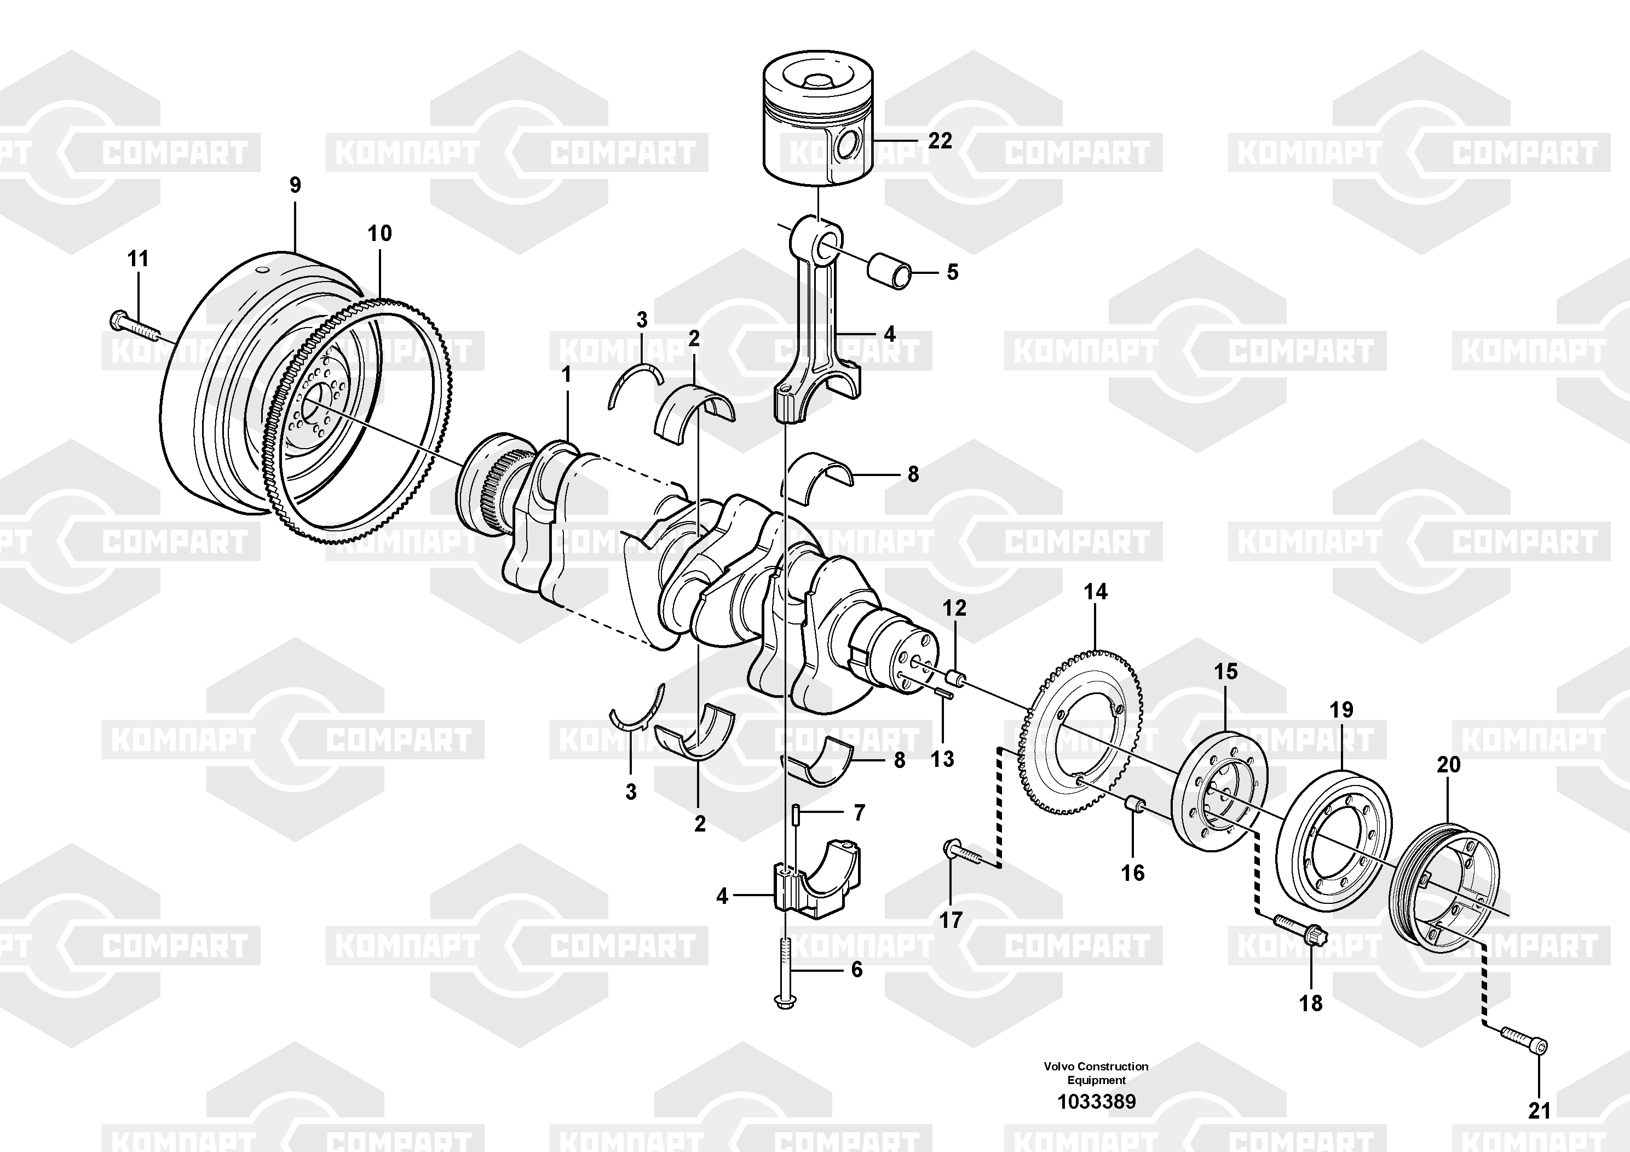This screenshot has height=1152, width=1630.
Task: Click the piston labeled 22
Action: [818, 118]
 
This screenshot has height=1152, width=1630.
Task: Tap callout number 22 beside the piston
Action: [940, 141]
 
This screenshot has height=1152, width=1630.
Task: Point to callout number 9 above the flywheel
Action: [295, 185]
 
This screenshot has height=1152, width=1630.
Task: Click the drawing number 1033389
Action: [1097, 1102]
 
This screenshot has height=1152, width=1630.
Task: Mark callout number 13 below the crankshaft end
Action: [942, 759]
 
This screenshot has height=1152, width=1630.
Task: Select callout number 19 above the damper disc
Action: [1341, 709]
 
